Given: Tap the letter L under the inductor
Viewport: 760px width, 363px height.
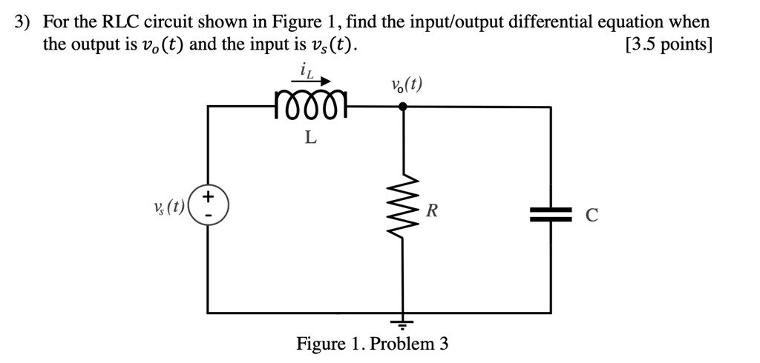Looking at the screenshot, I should pos(311,137).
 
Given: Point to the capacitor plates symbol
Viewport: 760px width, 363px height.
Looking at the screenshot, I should pos(551,214).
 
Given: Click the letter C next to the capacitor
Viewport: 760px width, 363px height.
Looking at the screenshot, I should pos(592,216).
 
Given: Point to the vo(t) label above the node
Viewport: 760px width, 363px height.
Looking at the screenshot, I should pos(406,84).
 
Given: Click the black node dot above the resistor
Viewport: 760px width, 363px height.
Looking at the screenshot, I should pos(403,107).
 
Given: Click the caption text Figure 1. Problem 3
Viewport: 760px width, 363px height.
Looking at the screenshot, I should pos(373,344).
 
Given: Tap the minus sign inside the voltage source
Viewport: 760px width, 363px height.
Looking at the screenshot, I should pos(209,215).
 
